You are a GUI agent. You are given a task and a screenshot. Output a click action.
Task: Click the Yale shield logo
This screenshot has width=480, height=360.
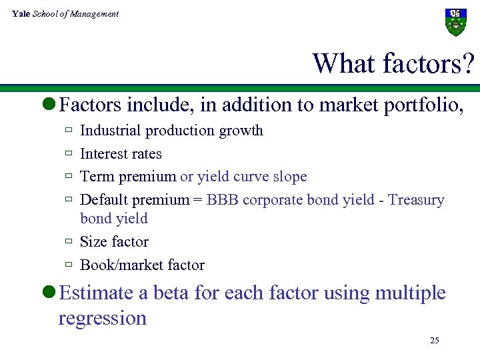(x=455, y=22)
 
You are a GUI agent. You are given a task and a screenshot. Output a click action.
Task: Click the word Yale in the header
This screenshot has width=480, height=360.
(x=20, y=13)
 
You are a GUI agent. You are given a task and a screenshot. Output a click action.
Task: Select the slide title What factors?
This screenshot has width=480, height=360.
(x=393, y=63)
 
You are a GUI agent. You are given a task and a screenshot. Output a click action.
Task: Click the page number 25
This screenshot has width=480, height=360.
(x=435, y=341)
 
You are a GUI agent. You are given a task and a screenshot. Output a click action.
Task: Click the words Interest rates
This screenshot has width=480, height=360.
(x=121, y=154)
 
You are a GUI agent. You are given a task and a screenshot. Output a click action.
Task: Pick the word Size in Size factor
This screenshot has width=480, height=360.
(x=93, y=241)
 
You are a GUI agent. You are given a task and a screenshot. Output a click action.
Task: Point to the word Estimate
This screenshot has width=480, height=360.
(x=95, y=293)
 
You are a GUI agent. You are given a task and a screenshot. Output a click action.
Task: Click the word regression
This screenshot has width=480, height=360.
(x=102, y=318)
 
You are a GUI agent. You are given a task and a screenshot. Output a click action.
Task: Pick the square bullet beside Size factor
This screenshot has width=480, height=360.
(x=68, y=241)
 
